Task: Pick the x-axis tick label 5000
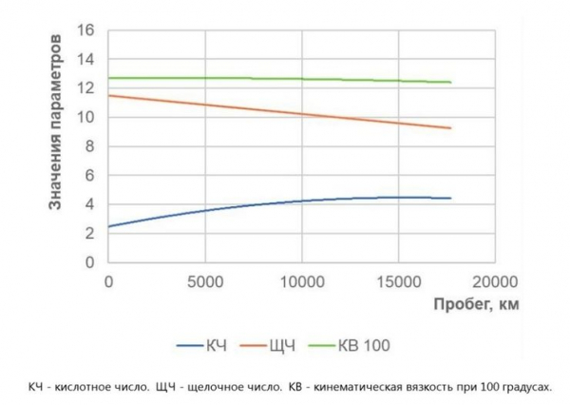pyautogui.click(x=204, y=281)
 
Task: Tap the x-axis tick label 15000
pyautogui.click(x=397, y=281)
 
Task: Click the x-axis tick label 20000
pyautogui.click(x=494, y=281)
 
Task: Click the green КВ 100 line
pyautogui.click(x=285, y=79)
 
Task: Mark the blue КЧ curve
pyautogui.click(x=285, y=202)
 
